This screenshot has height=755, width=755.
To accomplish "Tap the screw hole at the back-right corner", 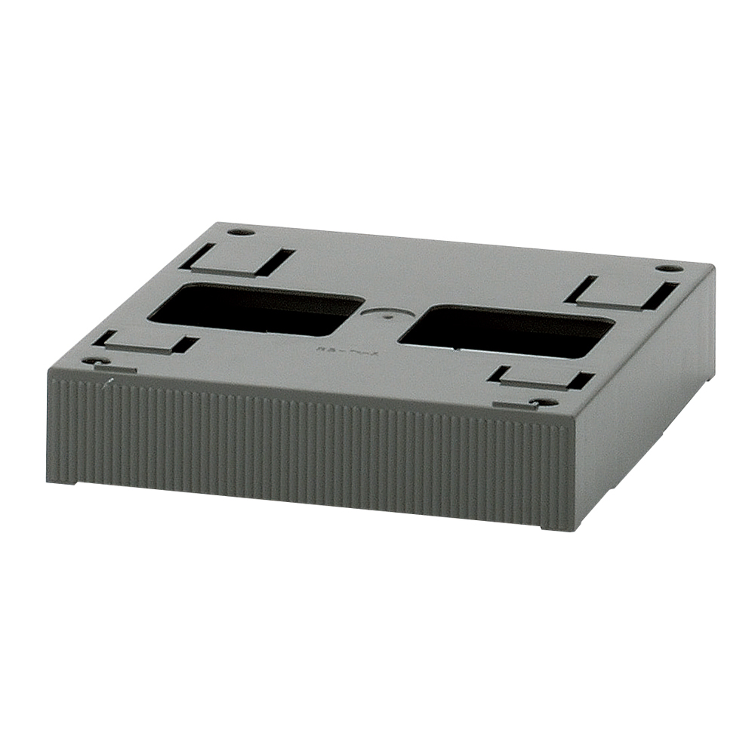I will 664,268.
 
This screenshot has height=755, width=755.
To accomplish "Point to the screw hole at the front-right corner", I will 538,402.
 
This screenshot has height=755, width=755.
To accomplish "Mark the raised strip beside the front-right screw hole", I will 513,405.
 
